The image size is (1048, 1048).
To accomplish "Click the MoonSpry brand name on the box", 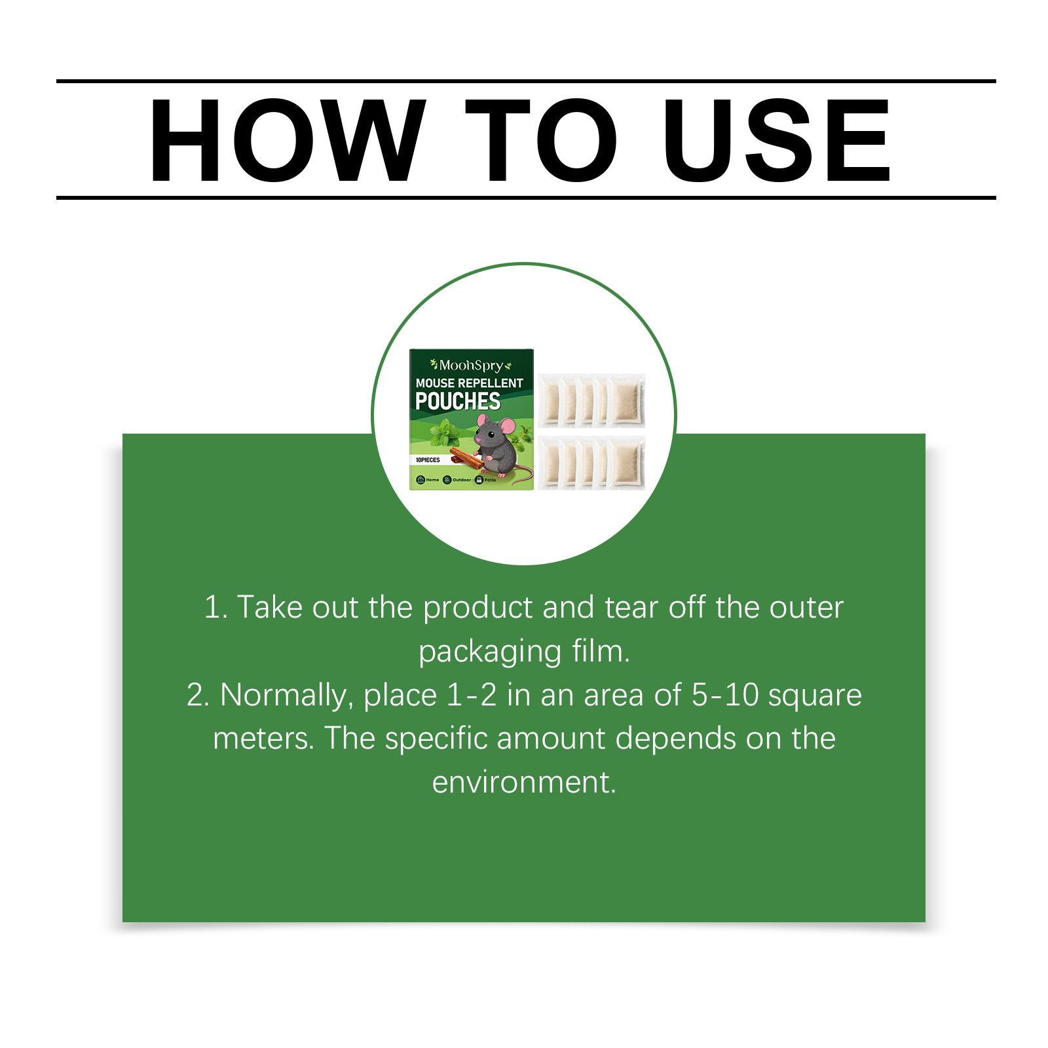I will (x=470, y=365).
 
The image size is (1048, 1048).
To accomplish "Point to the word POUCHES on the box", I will (x=457, y=401).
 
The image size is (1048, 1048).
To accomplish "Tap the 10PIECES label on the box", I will (x=428, y=460).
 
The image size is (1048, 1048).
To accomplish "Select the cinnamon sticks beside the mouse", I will (x=466, y=457).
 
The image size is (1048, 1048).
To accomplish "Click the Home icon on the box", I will (x=421, y=480).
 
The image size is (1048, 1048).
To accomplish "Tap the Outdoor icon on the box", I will (x=447, y=480).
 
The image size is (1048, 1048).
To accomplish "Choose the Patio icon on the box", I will (x=479, y=480).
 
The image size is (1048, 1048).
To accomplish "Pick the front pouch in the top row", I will (x=627, y=401).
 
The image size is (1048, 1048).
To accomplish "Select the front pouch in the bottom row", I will (x=627, y=464).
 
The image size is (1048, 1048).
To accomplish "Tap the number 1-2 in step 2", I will (x=471, y=695).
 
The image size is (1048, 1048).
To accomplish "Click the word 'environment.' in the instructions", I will (x=524, y=782).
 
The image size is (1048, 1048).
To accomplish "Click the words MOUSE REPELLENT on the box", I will (x=469, y=383).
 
